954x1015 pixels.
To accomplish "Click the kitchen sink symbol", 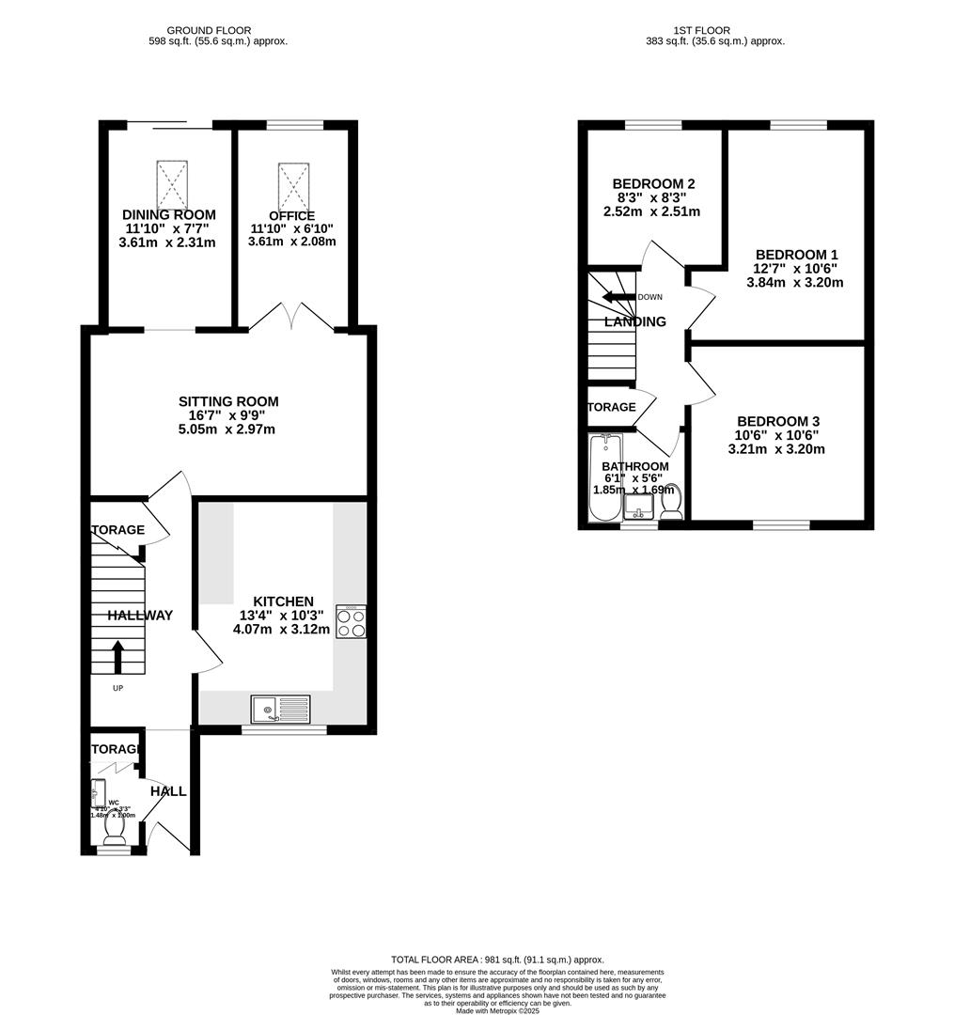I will coord(280,708).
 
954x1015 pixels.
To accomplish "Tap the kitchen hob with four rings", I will coord(352,622).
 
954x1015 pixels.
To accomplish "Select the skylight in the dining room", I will coord(172,184).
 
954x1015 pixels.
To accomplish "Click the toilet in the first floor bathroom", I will coord(671,503).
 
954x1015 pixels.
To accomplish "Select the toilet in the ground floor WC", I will coord(117,830).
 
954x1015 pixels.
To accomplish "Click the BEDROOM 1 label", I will coord(796,255).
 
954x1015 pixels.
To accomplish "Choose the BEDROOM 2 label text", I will coord(653,183).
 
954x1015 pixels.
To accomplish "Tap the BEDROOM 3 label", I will coord(776,422).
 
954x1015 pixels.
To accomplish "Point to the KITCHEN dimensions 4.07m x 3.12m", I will coord(282,630).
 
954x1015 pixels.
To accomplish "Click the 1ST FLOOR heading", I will coord(701,30).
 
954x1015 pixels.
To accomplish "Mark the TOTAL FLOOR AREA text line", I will coord(497,960).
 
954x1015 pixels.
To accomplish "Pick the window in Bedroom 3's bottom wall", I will coord(781,524).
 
